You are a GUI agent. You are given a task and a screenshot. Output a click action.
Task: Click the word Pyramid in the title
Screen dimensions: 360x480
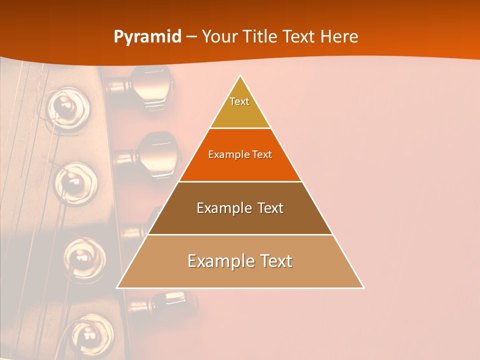[147, 36]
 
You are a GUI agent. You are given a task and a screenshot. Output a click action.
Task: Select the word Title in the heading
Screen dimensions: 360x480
[261, 36]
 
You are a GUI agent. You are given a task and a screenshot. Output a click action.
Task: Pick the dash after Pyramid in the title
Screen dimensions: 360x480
[191, 37]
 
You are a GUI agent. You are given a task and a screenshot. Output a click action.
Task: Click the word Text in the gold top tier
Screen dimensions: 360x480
[239, 101]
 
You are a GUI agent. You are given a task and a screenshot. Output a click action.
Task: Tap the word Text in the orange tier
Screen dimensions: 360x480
[262, 154]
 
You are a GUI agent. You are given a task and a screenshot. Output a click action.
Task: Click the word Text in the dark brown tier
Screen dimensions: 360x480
[270, 208]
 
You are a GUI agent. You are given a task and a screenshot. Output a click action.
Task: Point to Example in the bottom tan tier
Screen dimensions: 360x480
[219, 261]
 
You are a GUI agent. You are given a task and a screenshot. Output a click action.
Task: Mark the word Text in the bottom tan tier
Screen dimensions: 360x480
[274, 261]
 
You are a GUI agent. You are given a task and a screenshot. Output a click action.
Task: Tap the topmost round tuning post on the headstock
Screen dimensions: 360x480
[65, 105]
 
